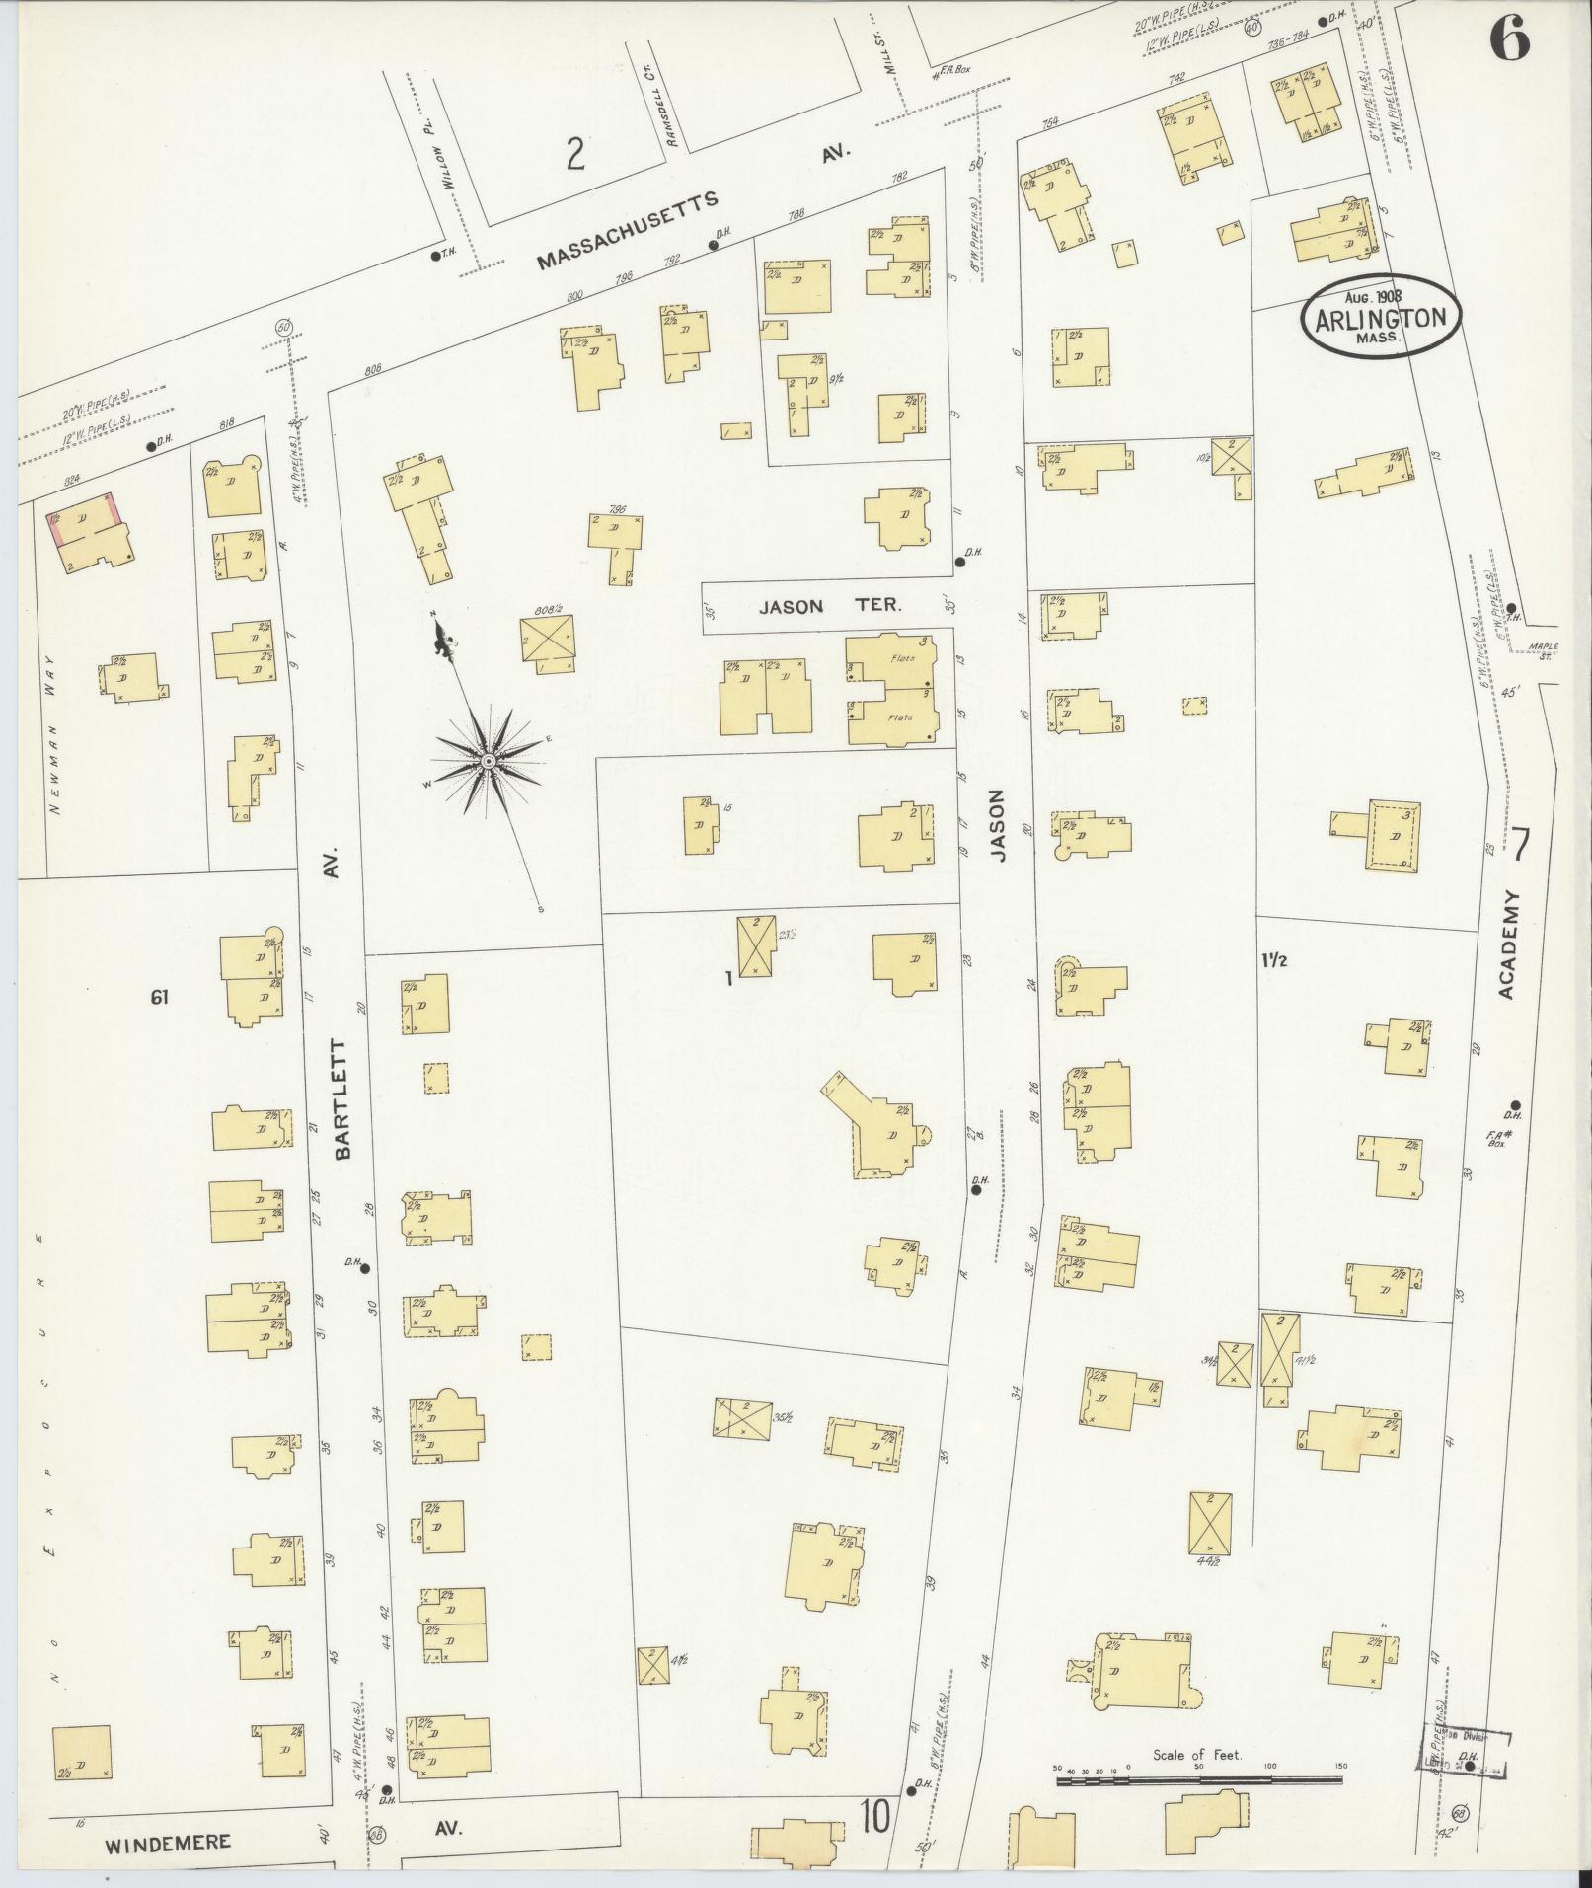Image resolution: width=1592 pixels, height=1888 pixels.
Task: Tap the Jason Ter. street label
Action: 829,607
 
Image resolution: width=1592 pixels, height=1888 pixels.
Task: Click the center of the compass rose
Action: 488,762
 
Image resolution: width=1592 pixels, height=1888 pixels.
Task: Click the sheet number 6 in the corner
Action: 1509,40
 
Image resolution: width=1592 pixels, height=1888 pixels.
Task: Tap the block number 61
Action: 160,998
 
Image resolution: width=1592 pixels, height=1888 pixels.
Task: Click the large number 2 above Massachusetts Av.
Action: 575,155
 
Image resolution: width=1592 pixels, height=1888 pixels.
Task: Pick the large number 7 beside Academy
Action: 1520,846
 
